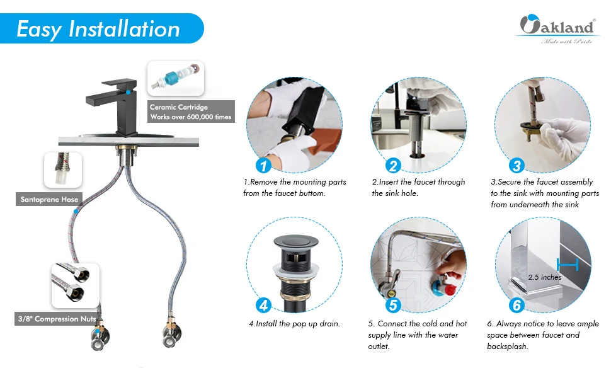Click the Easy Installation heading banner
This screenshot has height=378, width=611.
pyautogui.click(x=101, y=28)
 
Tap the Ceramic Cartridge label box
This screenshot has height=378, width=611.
pyautogui.click(x=191, y=112)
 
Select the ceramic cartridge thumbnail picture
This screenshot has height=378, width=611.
pyautogui.click(x=176, y=78)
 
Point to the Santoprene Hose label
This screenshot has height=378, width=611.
pyautogui.click(x=49, y=199)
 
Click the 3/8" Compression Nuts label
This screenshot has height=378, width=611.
pyautogui.click(x=57, y=319)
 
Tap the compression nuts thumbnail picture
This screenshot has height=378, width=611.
pyautogui.click(x=75, y=285)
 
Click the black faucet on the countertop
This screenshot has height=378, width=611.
pyautogui.click(x=113, y=108)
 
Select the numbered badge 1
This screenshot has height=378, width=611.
pyautogui.click(x=263, y=165)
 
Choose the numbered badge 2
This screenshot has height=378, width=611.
pyautogui.click(x=393, y=165)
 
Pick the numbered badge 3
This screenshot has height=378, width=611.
pyautogui.click(x=517, y=165)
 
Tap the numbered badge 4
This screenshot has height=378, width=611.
pyautogui.click(x=263, y=305)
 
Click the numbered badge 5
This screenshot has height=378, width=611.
pyautogui.click(x=393, y=305)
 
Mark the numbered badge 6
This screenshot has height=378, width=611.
pyautogui.click(x=517, y=305)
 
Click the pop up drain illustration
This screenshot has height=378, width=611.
pyautogui.click(x=296, y=273)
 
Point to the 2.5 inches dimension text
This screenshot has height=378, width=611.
pyautogui.click(x=545, y=277)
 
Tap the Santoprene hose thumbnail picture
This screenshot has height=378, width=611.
pyautogui.click(x=63, y=170)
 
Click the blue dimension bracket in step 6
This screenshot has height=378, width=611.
pyautogui.click(x=568, y=265)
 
